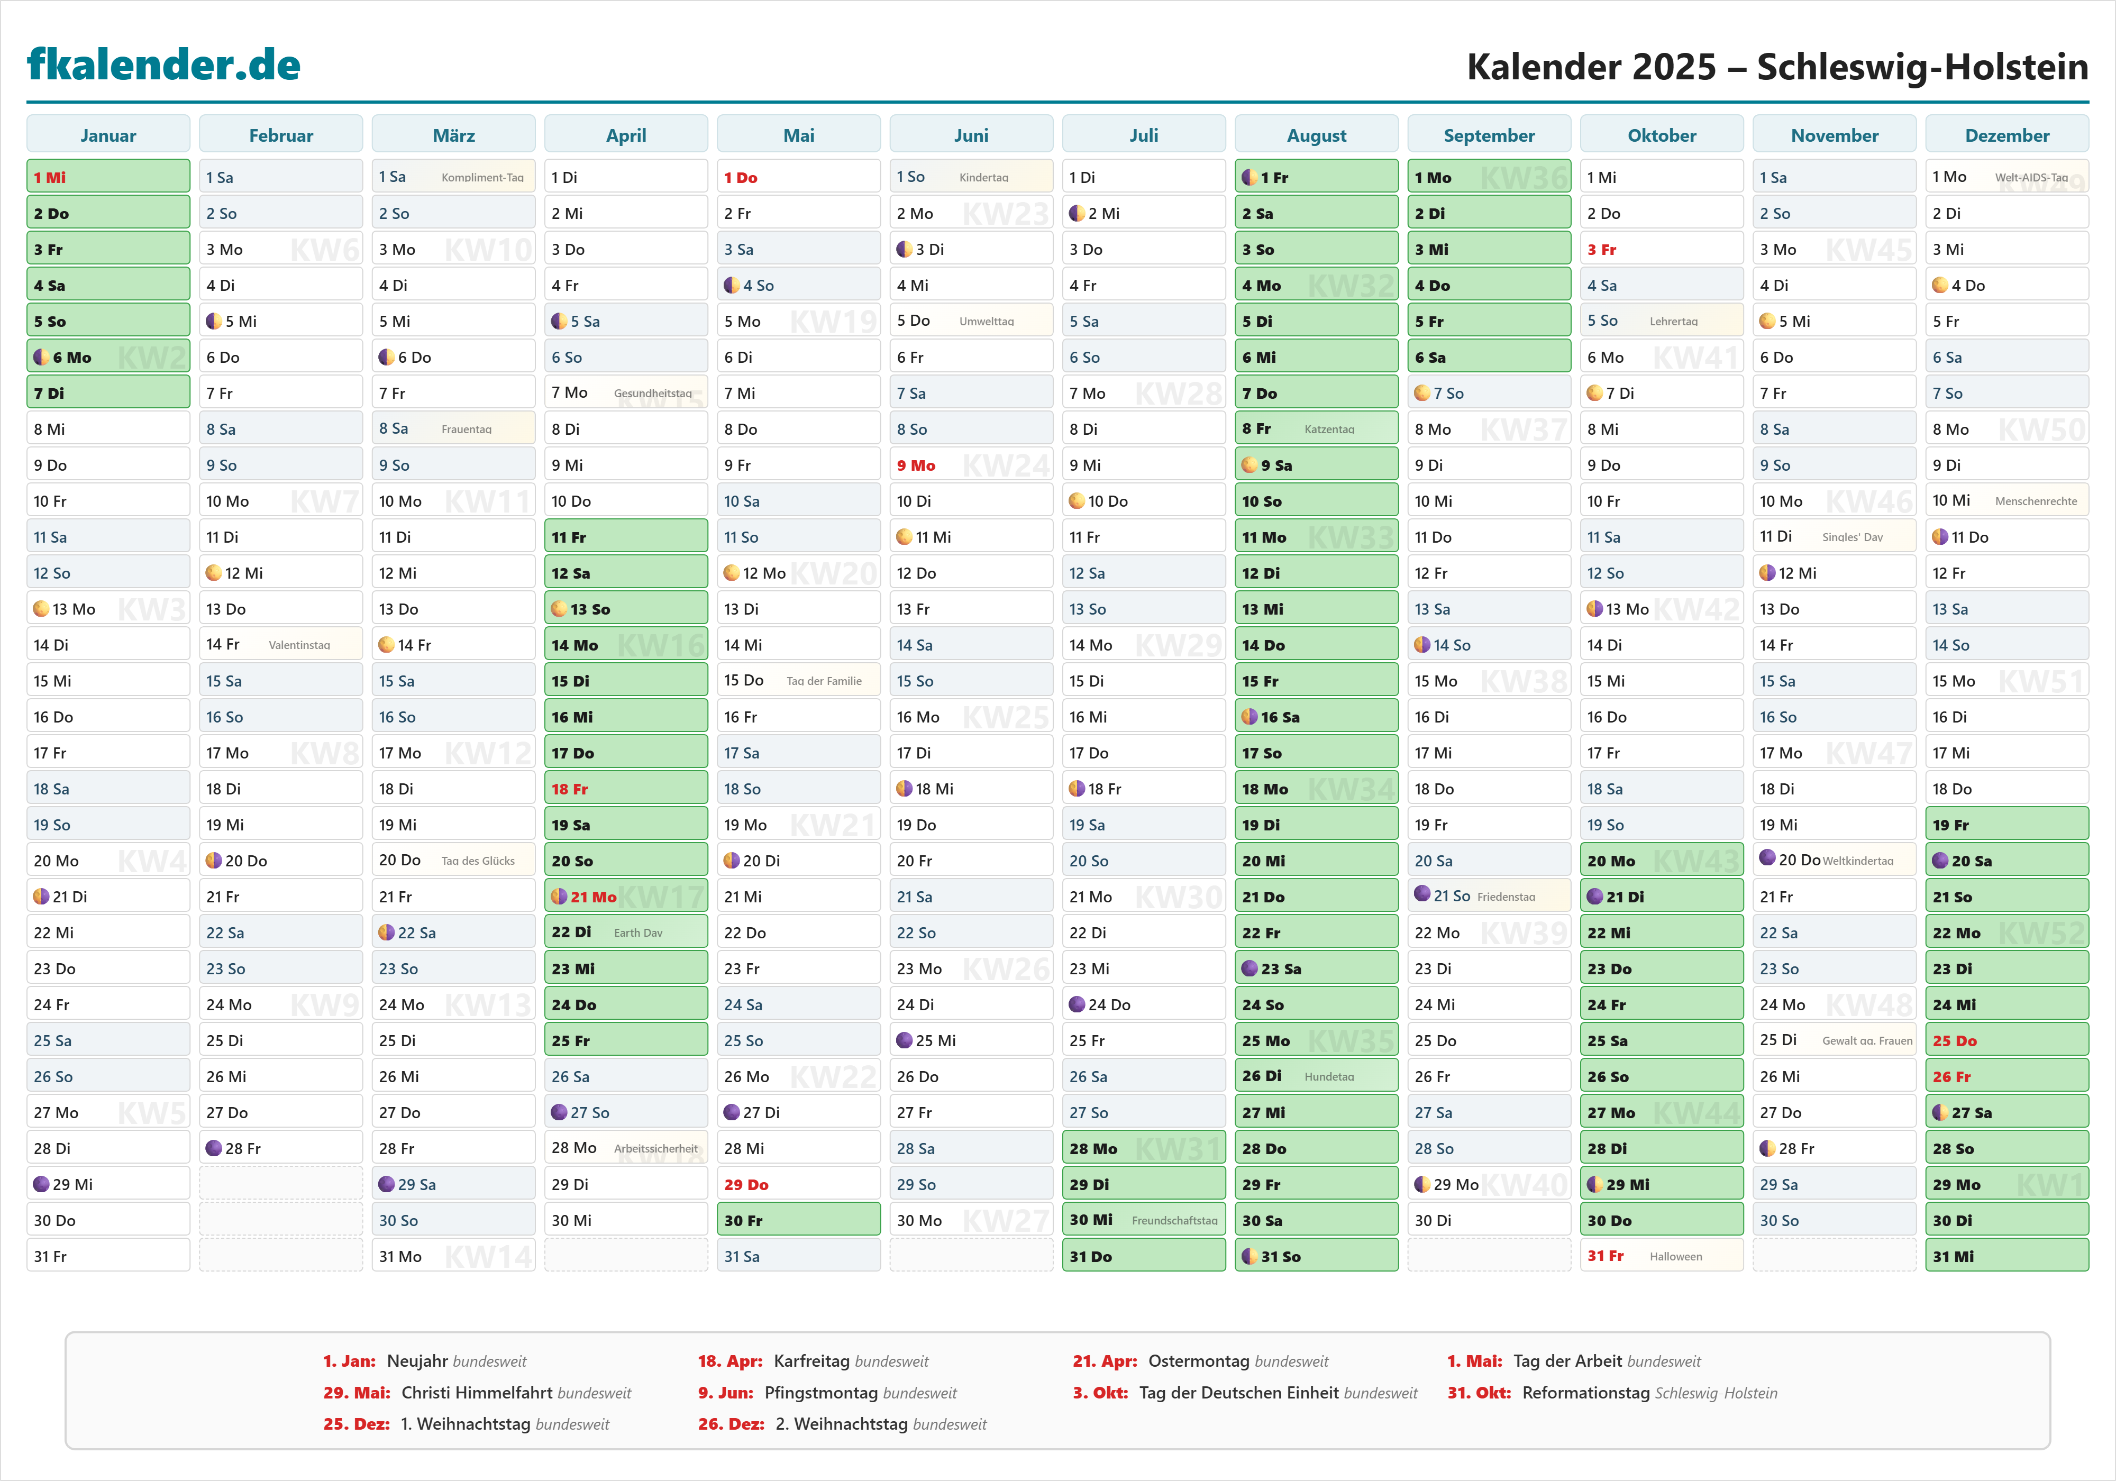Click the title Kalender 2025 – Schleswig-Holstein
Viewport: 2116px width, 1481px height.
click(1777, 66)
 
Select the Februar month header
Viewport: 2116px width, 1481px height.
click(281, 135)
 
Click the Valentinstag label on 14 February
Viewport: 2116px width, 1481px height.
click(299, 645)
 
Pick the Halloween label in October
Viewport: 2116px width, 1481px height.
click(1675, 1257)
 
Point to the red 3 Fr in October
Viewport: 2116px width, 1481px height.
click(1602, 250)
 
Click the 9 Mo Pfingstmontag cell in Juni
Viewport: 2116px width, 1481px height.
click(916, 465)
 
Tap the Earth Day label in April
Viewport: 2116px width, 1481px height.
click(638, 933)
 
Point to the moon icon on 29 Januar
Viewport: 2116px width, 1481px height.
click(41, 1184)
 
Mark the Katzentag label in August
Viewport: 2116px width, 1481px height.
click(1329, 429)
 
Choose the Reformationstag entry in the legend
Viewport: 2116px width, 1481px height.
click(1585, 1393)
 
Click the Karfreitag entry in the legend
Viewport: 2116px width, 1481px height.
click(811, 1361)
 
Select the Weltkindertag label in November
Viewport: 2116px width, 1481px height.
click(1858, 861)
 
